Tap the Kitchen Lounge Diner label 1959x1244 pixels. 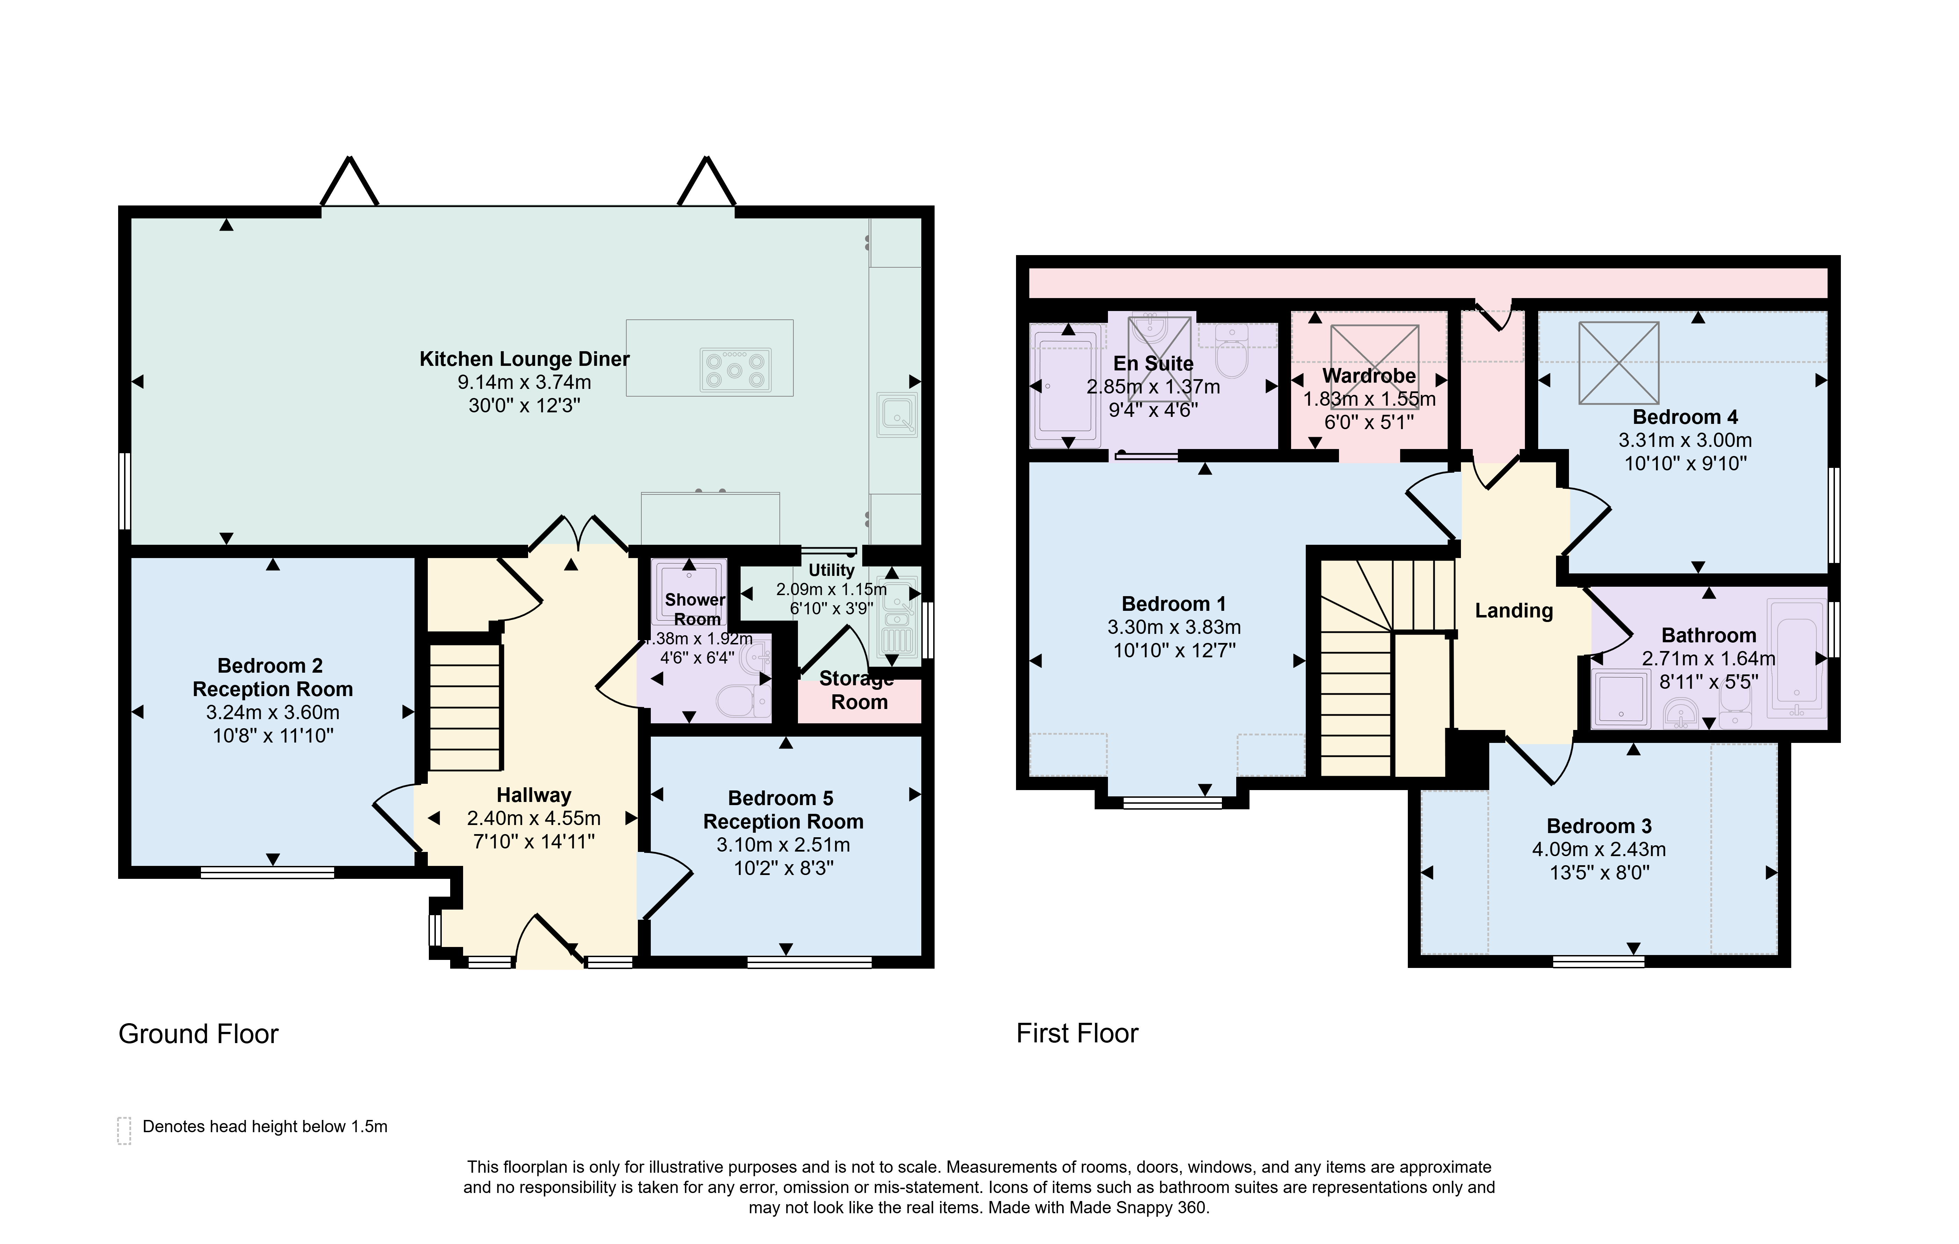tap(525, 359)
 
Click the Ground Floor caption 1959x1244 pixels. tap(199, 1034)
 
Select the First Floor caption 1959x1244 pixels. tap(1077, 1033)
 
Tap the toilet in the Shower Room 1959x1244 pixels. tap(745, 701)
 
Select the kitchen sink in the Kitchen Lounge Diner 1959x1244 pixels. tap(897, 414)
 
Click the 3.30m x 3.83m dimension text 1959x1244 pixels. tap(1174, 627)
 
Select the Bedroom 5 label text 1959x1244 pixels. tap(781, 798)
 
